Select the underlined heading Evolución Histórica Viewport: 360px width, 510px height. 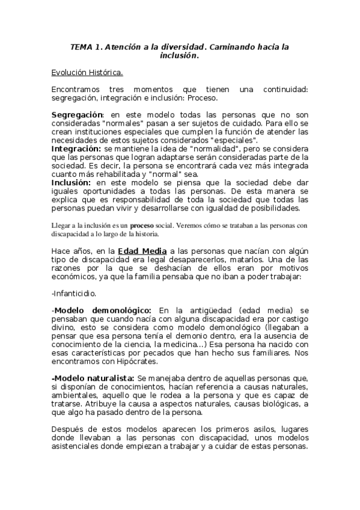coord(88,73)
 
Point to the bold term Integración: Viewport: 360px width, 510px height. coord(76,147)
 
